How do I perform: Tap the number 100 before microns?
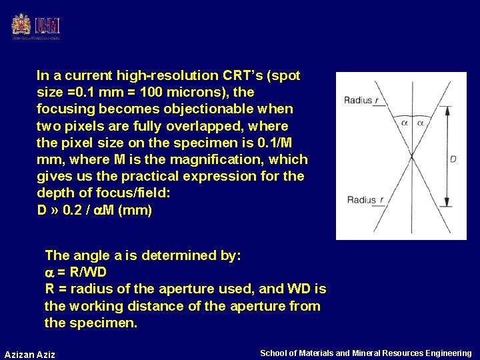161,92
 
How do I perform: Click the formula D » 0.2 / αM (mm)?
94,210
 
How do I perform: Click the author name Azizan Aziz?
30,354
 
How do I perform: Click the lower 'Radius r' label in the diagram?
365,199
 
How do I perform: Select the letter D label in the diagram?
453,159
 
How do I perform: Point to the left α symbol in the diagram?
404,122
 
